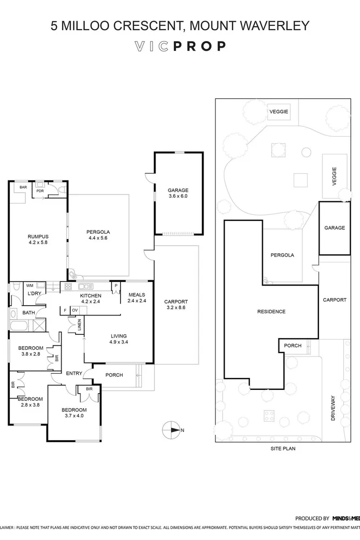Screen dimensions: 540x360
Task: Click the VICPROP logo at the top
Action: [180, 47]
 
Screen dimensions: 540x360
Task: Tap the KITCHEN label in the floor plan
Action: [91, 299]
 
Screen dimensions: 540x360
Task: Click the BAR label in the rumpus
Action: [23, 187]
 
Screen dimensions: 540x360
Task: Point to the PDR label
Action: [40, 191]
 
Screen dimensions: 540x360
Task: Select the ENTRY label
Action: [74, 373]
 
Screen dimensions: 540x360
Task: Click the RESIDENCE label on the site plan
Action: [271, 312]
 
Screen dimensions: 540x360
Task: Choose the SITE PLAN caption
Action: [282, 448]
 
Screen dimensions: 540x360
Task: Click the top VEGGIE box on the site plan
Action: [279, 112]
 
